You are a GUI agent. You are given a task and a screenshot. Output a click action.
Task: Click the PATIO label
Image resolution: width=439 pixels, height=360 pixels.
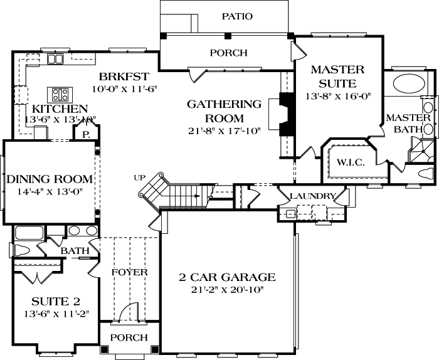click(237, 16)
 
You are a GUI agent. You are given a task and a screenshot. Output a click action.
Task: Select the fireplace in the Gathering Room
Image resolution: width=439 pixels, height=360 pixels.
click(285, 114)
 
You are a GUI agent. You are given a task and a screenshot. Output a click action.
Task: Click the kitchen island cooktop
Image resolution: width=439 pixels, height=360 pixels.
click(61, 95)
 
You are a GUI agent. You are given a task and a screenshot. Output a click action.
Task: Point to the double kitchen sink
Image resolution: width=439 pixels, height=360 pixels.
click(55, 59)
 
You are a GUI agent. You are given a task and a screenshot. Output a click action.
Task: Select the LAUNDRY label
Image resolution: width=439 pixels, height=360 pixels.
click(312, 196)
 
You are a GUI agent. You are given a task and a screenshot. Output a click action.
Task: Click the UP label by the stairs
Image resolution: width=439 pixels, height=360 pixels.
click(140, 178)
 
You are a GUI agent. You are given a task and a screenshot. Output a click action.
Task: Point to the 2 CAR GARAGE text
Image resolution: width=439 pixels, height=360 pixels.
click(228, 277)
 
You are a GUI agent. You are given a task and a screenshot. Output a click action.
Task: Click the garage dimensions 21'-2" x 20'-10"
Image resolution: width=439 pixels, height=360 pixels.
click(228, 289)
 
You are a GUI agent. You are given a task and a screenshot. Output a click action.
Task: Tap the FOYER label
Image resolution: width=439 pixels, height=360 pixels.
click(129, 272)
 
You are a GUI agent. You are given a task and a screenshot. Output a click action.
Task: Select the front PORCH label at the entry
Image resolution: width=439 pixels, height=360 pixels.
click(129, 337)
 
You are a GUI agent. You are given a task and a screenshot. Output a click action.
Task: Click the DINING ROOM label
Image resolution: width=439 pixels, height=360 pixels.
click(50, 179)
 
